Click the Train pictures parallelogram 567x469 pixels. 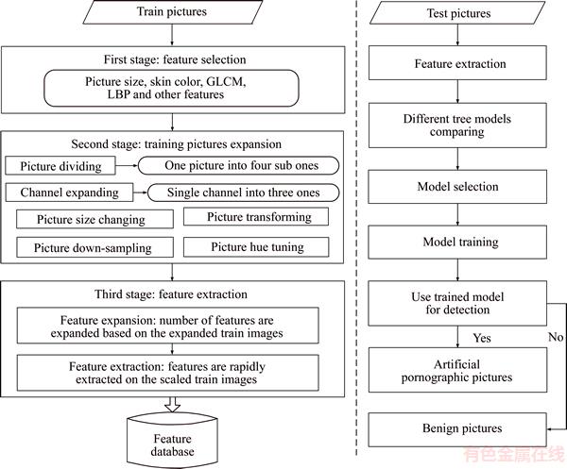(173, 12)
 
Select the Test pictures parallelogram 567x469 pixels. (457, 13)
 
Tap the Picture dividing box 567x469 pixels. (60, 166)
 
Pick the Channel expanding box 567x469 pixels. (69, 193)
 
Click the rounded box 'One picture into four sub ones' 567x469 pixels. (239, 166)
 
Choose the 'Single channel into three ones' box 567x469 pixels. (244, 193)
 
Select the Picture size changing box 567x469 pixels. (94, 219)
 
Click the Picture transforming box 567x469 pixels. (256, 217)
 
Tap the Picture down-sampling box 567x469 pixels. (94, 247)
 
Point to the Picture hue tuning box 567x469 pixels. (256, 247)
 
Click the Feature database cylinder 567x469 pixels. (173, 441)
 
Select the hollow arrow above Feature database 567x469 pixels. (173, 405)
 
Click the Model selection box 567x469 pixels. (457, 187)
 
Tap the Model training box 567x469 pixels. (457, 242)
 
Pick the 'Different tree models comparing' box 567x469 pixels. (457, 126)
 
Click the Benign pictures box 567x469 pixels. (457, 429)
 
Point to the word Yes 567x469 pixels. (482, 338)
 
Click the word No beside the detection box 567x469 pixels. (556, 337)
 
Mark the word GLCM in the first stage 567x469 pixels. (226, 81)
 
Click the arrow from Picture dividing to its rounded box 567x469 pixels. (127, 166)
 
